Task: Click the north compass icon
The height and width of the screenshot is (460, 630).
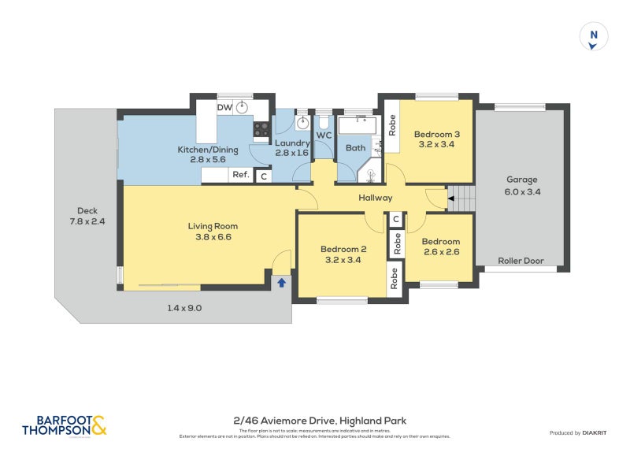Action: pyautogui.click(x=594, y=38)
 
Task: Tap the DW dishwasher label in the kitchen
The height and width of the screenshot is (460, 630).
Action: pyautogui.click(x=224, y=107)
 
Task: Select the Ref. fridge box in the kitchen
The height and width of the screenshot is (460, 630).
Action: pyautogui.click(x=240, y=176)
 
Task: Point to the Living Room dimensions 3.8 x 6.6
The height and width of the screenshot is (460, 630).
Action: pyautogui.click(x=213, y=237)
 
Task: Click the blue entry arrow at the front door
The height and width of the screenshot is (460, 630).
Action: pyautogui.click(x=281, y=282)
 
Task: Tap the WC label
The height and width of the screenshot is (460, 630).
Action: pyautogui.click(x=324, y=135)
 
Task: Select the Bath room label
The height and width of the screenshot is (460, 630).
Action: pyautogui.click(x=355, y=147)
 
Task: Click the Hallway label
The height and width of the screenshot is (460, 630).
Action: pyautogui.click(x=375, y=198)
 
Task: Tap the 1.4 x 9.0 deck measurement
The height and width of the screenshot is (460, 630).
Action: pyautogui.click(x=184, y=308)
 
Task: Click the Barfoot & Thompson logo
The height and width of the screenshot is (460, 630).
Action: pyautogui.click(x=65, y=425)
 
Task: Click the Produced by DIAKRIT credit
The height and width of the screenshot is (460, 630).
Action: pyautogui.click(x=582, y=432)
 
